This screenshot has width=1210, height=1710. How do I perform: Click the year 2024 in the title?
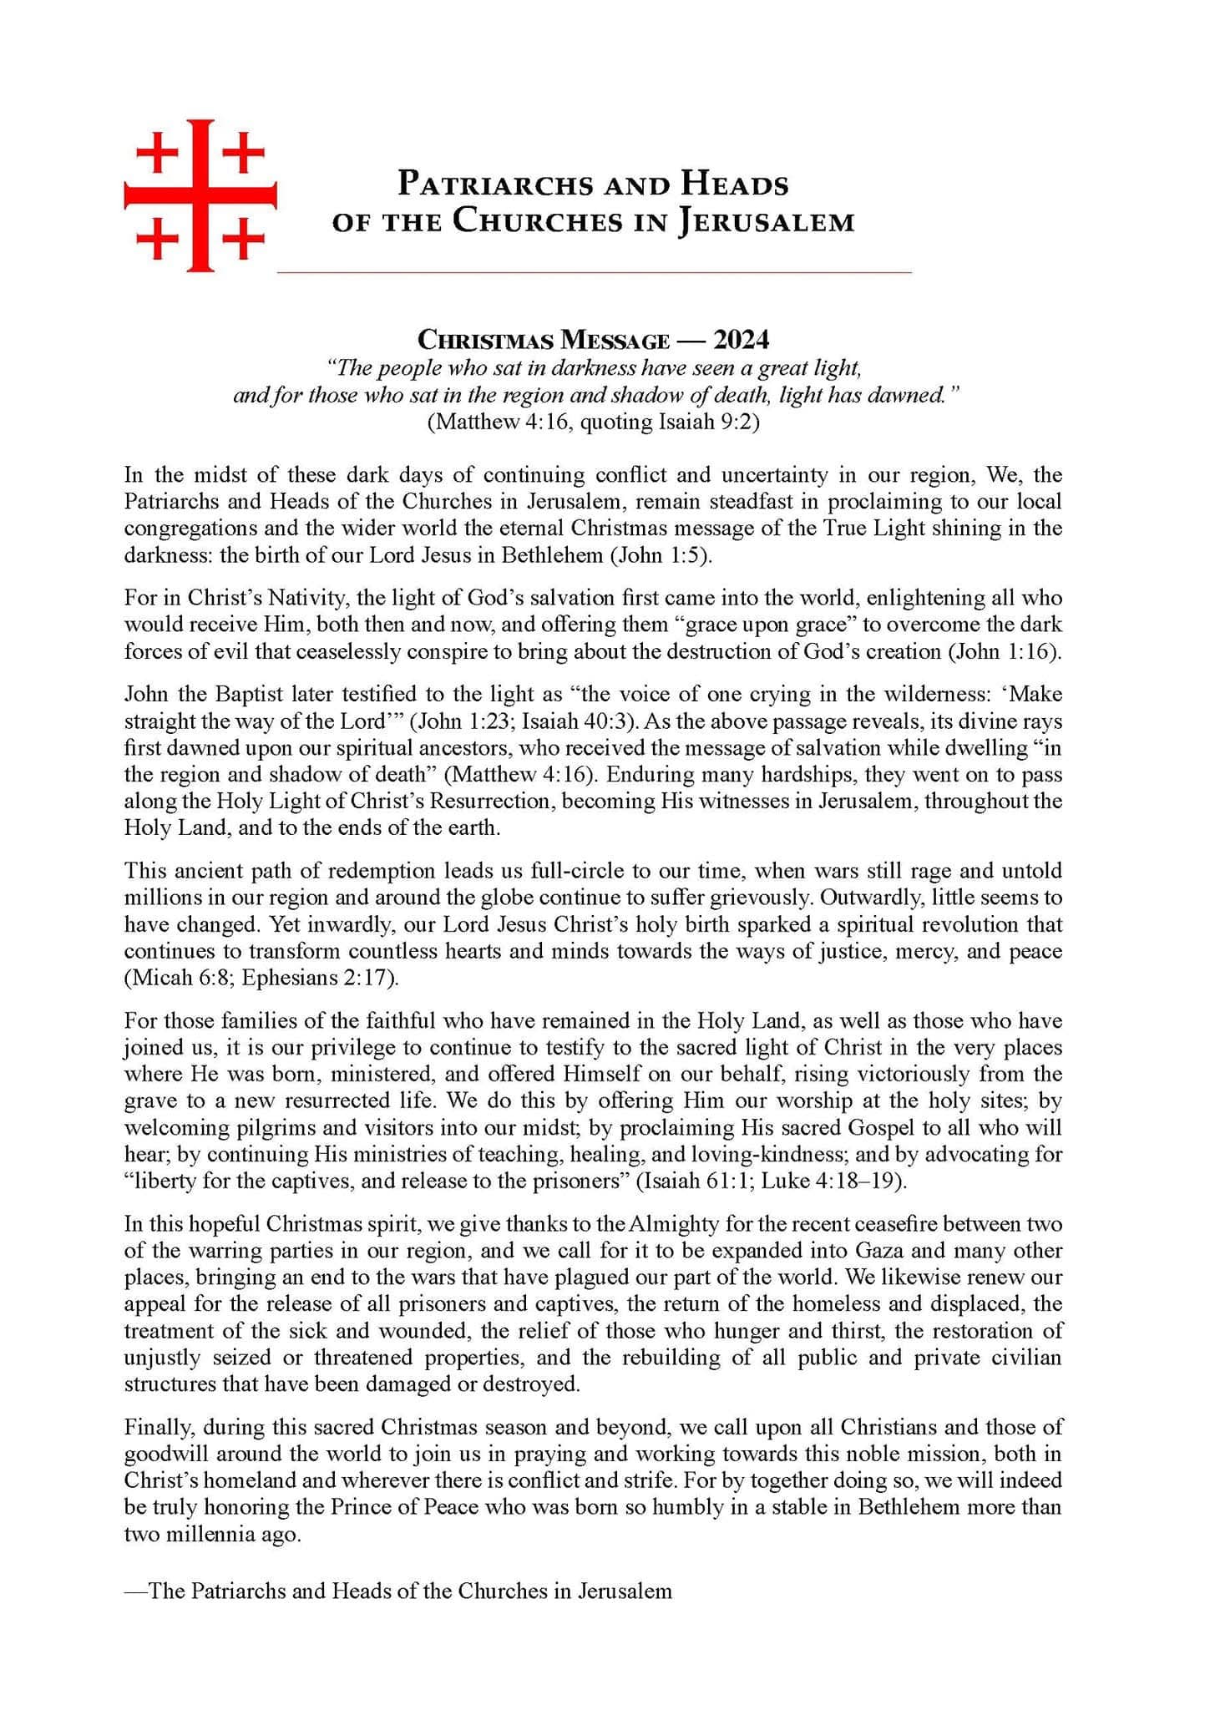tap(741, 340)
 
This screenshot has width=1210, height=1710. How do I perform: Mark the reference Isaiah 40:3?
tap(575, 721)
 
